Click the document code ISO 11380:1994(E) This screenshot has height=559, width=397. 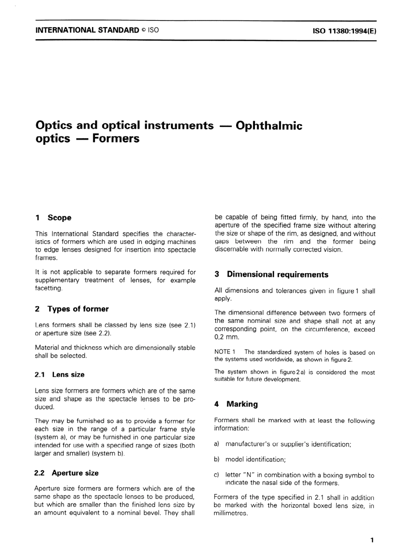coord(344,30)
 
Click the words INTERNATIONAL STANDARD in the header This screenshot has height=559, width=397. coord(87,30)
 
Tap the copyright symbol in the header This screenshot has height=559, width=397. coord(143,30)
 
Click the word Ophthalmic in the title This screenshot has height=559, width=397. coord(269,125)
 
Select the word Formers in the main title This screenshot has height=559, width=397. coord(116,138)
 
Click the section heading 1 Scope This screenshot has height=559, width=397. coord(53,218)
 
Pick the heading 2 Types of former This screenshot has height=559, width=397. coord(72,309)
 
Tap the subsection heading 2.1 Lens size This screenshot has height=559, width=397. coord(60,375)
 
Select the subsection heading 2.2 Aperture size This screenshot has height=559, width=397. coord(67,473)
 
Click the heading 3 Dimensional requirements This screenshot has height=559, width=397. coord(272,274)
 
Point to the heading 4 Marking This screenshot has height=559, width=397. coord(236,404)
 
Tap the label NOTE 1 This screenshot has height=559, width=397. coord(225,352)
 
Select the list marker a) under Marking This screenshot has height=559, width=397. coord(216,444)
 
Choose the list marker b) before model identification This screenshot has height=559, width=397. coord(216,460)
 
